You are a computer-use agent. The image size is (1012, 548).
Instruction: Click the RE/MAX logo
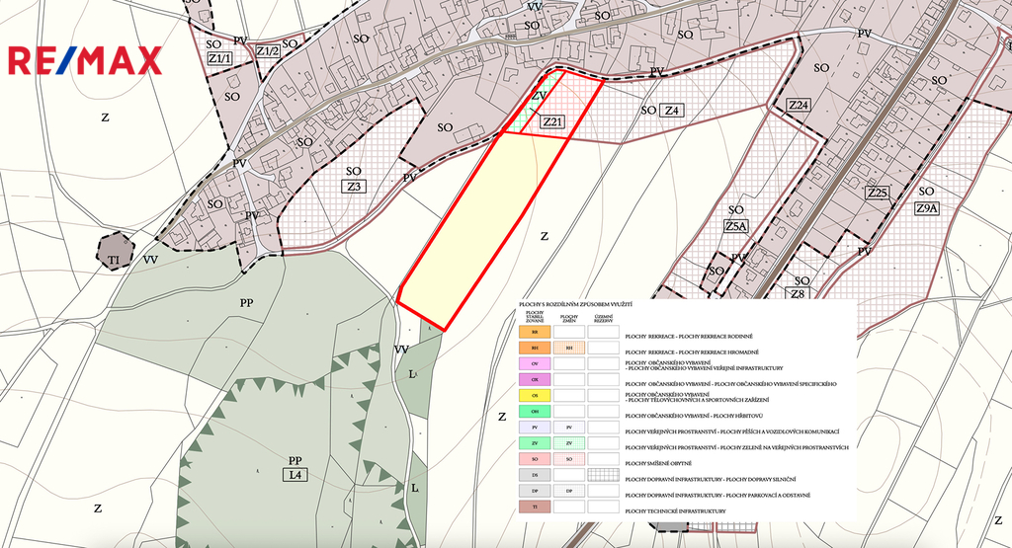pyautogui.click(x=85, y=61)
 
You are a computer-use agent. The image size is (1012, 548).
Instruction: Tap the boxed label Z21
pyautogui.click(x=552, y=122)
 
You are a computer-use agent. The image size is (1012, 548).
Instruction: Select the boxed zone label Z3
pyautogui.click(x=355, y=186)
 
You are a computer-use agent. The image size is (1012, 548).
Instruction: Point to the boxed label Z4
pyautogui.click(x=672, y=111)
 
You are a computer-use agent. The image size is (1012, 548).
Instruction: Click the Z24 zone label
pyautogui.click(x=799, y=105)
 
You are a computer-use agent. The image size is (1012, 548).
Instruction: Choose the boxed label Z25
pyautogui.click(x=877, y=192)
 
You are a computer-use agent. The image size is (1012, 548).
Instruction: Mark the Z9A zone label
pyautogui.click(x=926, y=208)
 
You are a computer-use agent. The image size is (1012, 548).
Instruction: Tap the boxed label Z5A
pyautogui.click(x=736, y=226)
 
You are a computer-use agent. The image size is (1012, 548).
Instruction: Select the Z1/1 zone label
pyautogui.click(x=219, y=59)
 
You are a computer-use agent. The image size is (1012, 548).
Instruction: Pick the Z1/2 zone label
pyautogui.click(x=268, y=50)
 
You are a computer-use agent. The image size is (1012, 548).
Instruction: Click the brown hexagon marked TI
pyautogui.click(x=115, y=251)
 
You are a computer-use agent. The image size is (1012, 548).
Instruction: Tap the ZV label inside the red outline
pyautogui.click(x=539, y=96)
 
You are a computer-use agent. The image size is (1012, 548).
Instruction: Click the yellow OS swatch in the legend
pyautogui.click(x=535, y=395)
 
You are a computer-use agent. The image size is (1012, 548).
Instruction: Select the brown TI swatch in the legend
pyautogui.click(x=535, y=507)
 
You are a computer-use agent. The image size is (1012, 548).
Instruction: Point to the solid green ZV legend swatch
pyautogui.click(x=535, y=443)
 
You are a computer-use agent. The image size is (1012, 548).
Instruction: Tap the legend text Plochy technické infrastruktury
pyautogui.click(x=676, y=510)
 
